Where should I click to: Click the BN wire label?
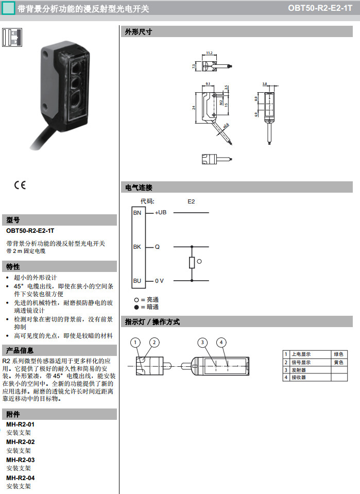(x=137, y=212)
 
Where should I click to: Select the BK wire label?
(x=137, y=247)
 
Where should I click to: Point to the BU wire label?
(x=137, y=281)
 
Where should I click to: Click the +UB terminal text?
(x=161, y=212)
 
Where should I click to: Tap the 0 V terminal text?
(x=159, y=281)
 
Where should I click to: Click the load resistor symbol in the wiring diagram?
(x=192, y=263)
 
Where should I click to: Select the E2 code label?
(x=192, y=201)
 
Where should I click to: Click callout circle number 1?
(x=135, y=342)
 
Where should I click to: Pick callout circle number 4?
(x=221, y=342)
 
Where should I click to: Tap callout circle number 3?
(x=203, y=342)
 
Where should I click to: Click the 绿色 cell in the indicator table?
(x=338, y=354)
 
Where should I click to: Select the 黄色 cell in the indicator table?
(x=338, y=362)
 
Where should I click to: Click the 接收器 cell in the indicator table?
(x=298, y=378)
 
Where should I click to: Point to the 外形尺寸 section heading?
(x=139, y=32)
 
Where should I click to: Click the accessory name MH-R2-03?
(x=21, y=459)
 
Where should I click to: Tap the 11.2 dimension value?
(x=209, y=53)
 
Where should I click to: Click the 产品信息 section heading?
(x=21, y=350)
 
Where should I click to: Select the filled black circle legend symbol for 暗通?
(x=136, y=307)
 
